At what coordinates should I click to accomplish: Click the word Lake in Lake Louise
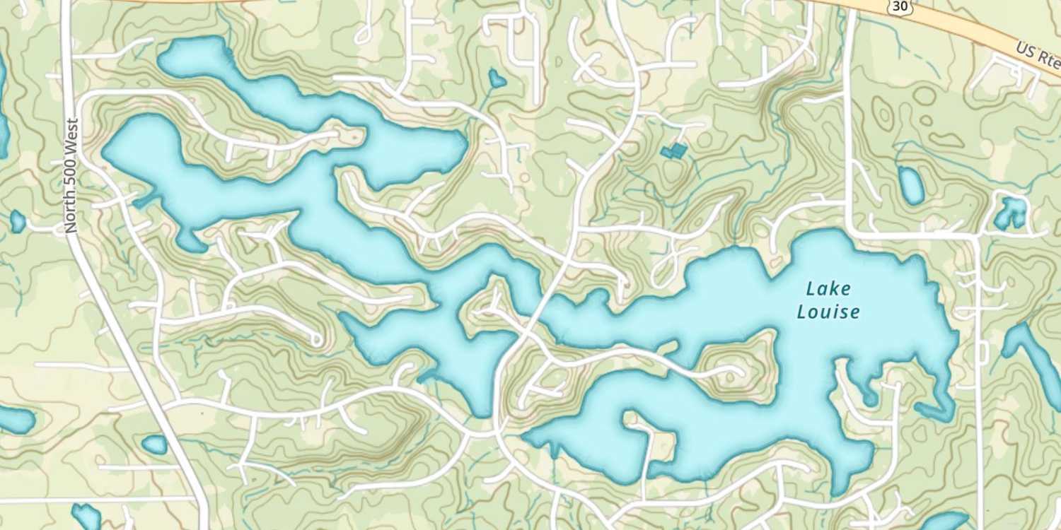[x=828, y=288]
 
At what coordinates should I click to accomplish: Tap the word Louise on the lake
[x=828, y=312]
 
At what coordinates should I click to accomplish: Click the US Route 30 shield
[x=900, y=5]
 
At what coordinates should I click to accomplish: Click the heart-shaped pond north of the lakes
[x=497, y=78]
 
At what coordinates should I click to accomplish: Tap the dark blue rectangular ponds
[x=674, y=151]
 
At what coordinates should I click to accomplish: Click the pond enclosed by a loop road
[x=1011, y=213]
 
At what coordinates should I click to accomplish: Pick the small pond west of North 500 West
[x=18, y=222]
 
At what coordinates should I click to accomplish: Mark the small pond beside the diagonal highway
[x=154, y=444]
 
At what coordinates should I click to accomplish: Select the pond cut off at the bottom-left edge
[x=87, y=516]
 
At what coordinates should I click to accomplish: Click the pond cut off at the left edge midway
[x=14, y=420]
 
